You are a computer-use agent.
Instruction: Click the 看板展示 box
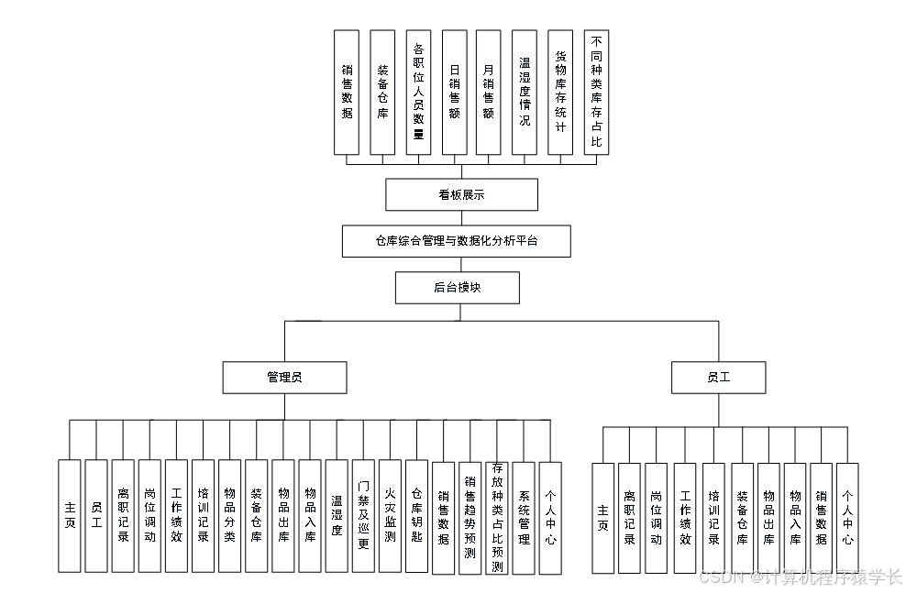click(x=461, y=194)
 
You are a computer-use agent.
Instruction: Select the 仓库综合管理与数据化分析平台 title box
click(x=457, y=242)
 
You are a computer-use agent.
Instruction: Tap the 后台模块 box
click(x=457, y=288)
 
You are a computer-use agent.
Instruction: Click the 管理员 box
click(x=284, y=377)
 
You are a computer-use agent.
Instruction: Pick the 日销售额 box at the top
click(x=454, y=92)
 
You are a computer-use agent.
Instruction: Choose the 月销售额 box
click(x=489, y=92)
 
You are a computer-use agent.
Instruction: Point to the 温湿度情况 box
click(x=525, y=92)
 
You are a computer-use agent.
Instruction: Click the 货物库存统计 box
click(x=560, y=92)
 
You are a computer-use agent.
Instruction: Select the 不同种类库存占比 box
click(x=596, y=92)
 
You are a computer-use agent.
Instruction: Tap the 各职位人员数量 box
click(x=418, y=92)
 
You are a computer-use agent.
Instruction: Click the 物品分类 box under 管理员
click(x=229, y=516)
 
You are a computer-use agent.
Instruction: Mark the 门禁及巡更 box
click(x=363, y=516)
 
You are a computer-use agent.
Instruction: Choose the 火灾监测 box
click(x=390, y=516)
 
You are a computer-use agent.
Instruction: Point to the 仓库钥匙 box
click(x=416, y=516)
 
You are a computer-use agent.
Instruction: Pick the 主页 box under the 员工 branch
click(x=602, y=518)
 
